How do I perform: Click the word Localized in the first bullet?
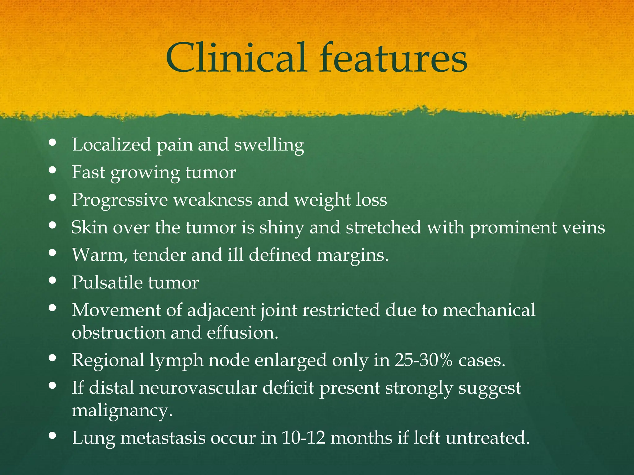coord(111,144)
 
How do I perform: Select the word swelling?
coord(269,145)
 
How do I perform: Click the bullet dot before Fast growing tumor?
coord(52,170)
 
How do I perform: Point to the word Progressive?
coord(120,200)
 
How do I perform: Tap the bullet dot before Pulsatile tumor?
coord(52,280)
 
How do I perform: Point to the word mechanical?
coord(489,310)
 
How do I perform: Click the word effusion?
coord(242,333)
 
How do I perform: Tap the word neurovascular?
coord(198,387)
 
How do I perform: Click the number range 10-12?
coord(304,438)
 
